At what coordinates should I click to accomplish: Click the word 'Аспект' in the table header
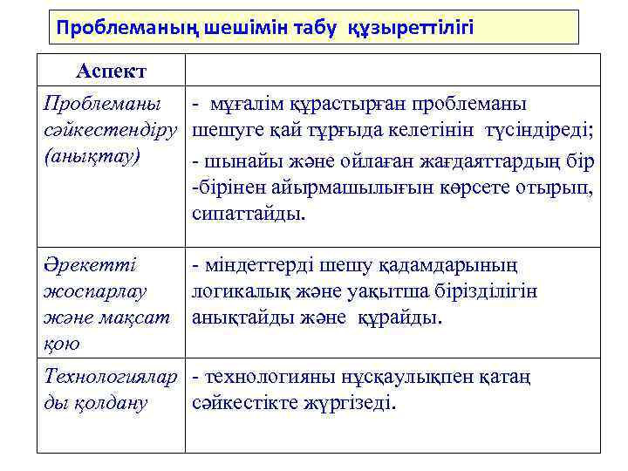(x=111, y=70)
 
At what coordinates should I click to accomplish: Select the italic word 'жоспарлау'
(x=95, y=290)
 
